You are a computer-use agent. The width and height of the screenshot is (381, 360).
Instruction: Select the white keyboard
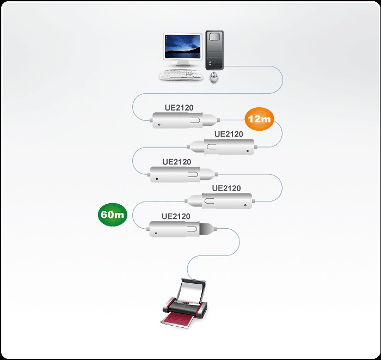click(180, 75)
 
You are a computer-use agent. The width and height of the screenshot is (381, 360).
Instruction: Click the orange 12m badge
click(259, 118)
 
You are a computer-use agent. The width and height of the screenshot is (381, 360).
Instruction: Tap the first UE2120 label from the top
click(179, 108)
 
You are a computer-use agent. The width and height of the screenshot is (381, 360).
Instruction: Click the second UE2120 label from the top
click(229, 134)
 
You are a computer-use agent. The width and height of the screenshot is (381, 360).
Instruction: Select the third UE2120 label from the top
click(177, 162)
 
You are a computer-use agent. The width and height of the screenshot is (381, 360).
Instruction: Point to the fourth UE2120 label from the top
click(226, 188)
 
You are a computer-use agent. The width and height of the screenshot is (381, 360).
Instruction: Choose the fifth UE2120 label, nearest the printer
click(176, 216)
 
